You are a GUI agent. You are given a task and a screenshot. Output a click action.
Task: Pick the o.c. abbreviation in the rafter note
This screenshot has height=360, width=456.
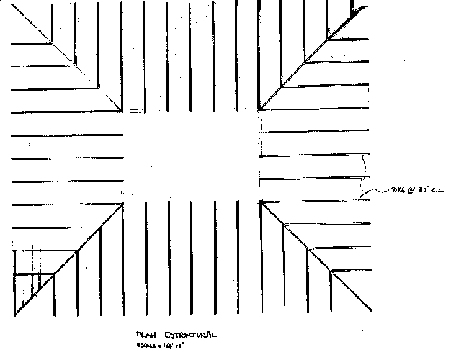pyautogui.click(x=432, y=189)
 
